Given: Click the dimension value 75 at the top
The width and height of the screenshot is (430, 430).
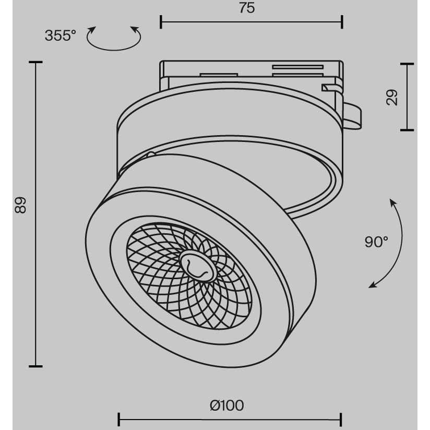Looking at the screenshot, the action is click(x=247, y=8).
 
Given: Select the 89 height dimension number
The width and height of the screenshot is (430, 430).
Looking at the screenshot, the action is click(x=20, y=205).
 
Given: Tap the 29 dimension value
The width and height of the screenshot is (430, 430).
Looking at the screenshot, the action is click(x=391, y=97).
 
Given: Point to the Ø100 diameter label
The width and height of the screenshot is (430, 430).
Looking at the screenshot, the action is click(x=227, y=405).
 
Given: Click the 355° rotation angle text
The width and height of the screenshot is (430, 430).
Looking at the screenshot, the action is click(x=61, y=35).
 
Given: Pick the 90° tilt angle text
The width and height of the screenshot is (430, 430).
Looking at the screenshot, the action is click(x=376, y=242).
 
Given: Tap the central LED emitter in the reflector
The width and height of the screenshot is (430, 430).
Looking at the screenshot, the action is click(x=197, y=266).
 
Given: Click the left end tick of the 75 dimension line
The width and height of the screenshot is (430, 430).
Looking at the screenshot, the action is click(x=161, y=22).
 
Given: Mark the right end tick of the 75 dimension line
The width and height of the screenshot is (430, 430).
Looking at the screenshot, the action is click(x=342, y=22).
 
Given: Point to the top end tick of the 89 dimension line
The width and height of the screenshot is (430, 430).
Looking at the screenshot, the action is click(x=35, y=62).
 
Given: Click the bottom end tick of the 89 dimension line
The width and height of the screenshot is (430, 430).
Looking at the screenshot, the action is click(x=35, y=366).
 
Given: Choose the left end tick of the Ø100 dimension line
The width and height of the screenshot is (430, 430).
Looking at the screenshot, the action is click(x=119, y=420).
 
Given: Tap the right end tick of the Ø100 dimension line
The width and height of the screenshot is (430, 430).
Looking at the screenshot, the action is click(x=341, y=420).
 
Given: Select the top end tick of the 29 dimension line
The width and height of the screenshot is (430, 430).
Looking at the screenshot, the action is click(x=407, y=64).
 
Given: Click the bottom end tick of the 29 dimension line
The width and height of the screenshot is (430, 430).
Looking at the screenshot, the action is click(x=407, y=130).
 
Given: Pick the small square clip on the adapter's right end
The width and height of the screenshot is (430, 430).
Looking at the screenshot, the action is click(x=329, y=87).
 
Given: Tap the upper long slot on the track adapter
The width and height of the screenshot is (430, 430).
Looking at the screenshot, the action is click(x=298, y=67).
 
